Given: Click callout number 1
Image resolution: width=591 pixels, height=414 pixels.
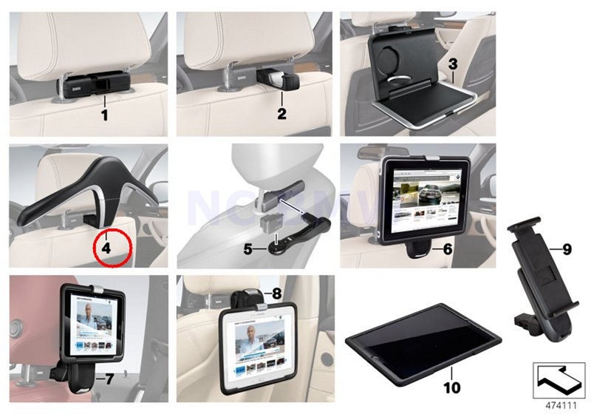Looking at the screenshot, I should (104, 115).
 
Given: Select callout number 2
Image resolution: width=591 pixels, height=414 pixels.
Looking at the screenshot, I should (281, 115).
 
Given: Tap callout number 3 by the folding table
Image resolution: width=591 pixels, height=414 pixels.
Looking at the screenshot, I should (452, 64).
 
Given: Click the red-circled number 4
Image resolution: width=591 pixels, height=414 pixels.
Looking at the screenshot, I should (106, 249).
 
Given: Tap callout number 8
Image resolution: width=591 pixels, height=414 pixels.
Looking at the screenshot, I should (277, 293).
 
